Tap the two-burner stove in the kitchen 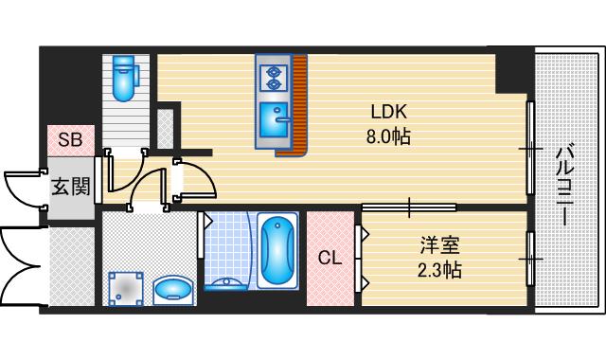pos(273,76)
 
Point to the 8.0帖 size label pos(389,136)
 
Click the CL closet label pos(329,258)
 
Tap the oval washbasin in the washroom pos(173,287)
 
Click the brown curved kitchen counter pos(299,104)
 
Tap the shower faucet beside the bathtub pos(226,281)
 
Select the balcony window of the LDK pos(530,147)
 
